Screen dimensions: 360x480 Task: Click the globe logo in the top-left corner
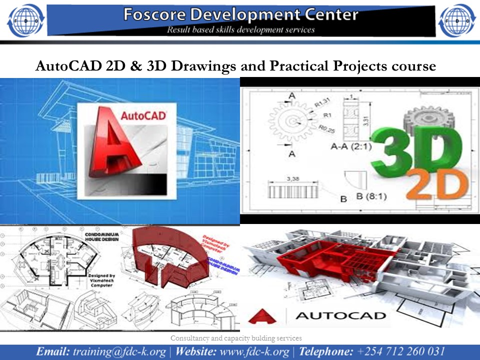pyautogui.click(x=24, y=20)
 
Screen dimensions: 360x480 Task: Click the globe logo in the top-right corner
pyautogui.click(x=455, y=20)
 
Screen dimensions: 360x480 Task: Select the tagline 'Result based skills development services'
pyautogui.click(x=241, y=29)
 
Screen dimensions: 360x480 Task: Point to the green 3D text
pyautogui.click(x=417, y=150)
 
